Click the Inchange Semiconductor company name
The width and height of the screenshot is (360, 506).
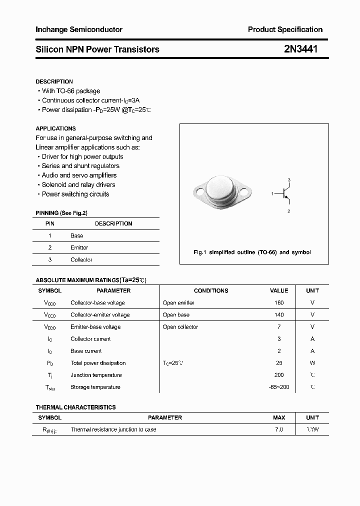[x=79, y=29]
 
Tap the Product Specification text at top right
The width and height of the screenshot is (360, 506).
[x=285, y=29]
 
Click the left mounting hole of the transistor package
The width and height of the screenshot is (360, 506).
[x=200, y=191]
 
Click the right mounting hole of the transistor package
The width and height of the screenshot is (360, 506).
[x=244, y=191]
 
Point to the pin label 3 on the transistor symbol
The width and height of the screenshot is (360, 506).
[x=289, y=179]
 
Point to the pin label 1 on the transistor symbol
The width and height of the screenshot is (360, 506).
[x=272, y=193]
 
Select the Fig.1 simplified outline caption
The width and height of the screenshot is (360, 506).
[x=252, y=252]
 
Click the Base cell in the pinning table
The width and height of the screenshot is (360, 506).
[x=77, y=235]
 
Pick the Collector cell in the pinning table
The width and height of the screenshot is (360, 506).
[x=81, y=259]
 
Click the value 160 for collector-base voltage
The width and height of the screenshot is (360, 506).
[x=279, y=302]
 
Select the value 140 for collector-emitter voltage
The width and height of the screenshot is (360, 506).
[x=279, y=314]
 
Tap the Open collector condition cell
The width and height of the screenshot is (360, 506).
[x=180, y=327]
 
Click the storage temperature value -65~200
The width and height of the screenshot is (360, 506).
[x=279, y=387]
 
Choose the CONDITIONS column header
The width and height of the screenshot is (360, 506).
[x=211, y=290]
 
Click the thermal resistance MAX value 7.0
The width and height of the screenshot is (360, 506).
[x=279, y=429]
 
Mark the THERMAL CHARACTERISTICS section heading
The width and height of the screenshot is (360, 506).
[x=75, y=407]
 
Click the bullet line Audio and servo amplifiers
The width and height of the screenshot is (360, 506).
[x=79, y=175]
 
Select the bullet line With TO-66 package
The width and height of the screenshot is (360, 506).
[x=70, y=91]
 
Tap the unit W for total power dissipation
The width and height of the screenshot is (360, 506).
[x=312, y=363]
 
